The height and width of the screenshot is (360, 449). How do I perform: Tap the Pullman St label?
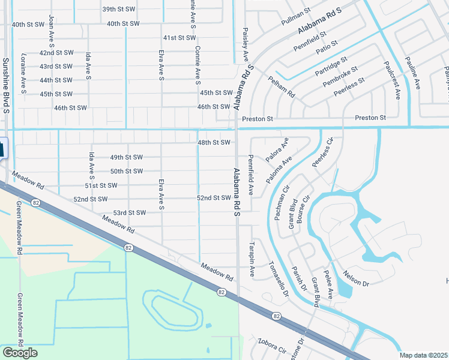coord(296,17)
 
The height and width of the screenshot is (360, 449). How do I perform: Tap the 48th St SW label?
coord(214,143)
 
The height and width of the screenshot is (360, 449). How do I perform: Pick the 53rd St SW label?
coord(130,213)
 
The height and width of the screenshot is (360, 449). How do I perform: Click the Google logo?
coord(20,353)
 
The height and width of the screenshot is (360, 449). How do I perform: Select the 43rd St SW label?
coord(56,67)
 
